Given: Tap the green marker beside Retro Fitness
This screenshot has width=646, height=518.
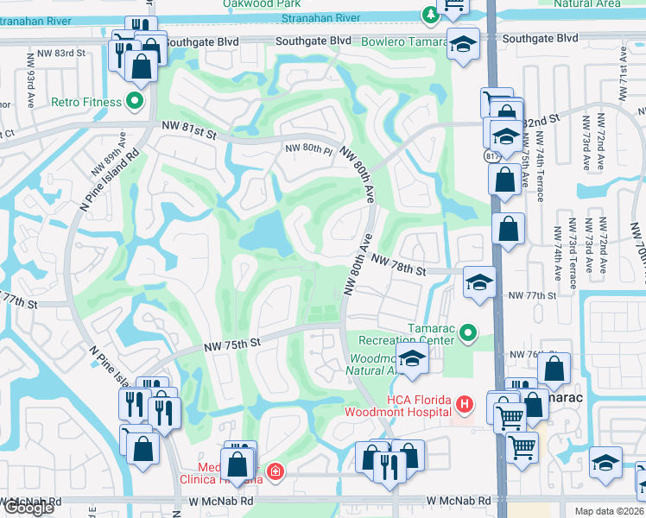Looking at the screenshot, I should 134,102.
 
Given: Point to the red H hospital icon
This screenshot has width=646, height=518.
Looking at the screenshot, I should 465,403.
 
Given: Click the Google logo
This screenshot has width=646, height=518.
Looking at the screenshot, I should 28,508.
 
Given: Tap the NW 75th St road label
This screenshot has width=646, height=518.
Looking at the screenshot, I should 232,344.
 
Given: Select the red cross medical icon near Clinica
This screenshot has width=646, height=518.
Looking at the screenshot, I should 275,471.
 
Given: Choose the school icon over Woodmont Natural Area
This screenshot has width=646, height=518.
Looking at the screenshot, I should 413,359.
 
